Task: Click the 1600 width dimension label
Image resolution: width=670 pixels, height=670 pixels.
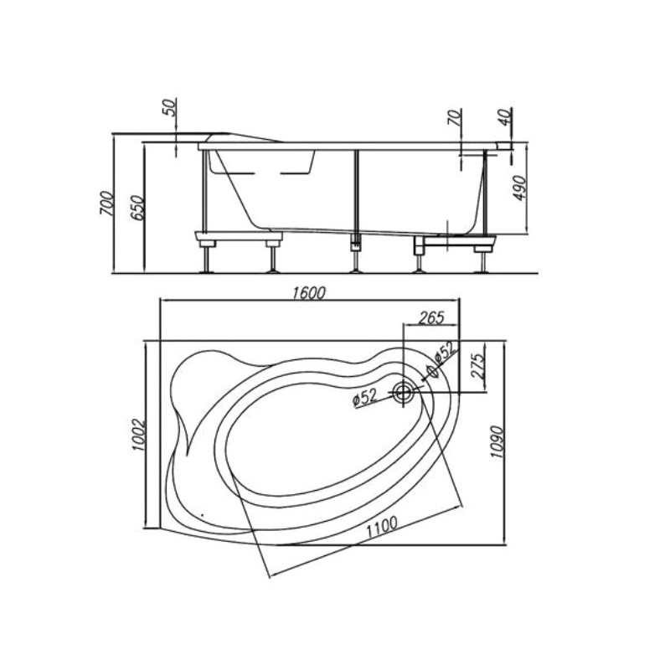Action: point(309,293)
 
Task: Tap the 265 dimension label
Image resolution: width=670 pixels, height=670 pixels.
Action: point(431,317)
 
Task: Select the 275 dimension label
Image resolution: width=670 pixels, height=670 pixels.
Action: point(478,366)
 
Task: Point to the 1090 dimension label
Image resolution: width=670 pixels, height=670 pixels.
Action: point(497,442)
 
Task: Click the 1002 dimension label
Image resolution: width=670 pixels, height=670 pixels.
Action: point(139,435)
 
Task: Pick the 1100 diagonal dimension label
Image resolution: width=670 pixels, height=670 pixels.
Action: point(382,528)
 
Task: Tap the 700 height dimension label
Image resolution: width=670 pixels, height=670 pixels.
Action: point(107,203)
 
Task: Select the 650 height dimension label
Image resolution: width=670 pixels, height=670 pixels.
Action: point(138,208)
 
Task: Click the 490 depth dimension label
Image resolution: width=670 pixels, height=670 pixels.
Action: point(520,188)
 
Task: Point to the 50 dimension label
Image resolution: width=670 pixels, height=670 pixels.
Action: point(170,107)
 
